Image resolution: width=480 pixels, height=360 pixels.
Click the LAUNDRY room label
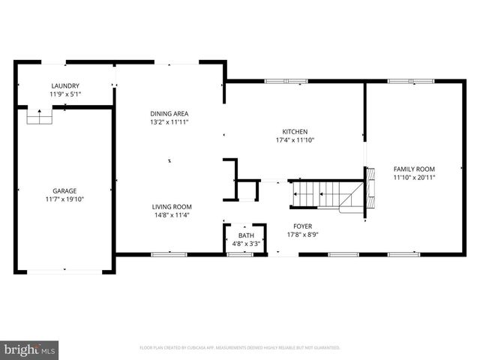click(x=64, y=86)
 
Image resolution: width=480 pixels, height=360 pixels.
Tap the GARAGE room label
click(x=64, y=191)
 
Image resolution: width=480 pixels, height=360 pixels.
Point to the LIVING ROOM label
click(x=173, y=207)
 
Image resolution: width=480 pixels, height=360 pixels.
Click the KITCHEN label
click(x=295, y=131)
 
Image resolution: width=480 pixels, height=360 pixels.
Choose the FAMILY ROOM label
click(x=414, y=169)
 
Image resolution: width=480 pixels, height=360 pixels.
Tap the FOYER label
click(x=303, y=226)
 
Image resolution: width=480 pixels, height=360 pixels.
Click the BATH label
click(x=246, y=236)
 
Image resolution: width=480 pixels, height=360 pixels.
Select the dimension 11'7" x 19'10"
click(x=64, y=199)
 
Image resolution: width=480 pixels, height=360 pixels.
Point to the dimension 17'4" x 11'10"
click(x=295, y=139)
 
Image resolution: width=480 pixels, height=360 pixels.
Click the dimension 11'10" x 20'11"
click(x=414, y=177)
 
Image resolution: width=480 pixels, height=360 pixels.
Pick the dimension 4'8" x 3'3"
click(x=246, y=244)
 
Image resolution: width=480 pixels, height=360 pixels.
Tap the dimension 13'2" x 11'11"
click(x=169, y=121)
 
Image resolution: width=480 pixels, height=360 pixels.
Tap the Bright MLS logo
click(x=29, y=349)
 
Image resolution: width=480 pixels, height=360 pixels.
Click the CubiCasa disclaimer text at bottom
click(x=240, y=348)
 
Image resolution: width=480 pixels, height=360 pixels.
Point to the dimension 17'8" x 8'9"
click(x=303, y=234)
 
